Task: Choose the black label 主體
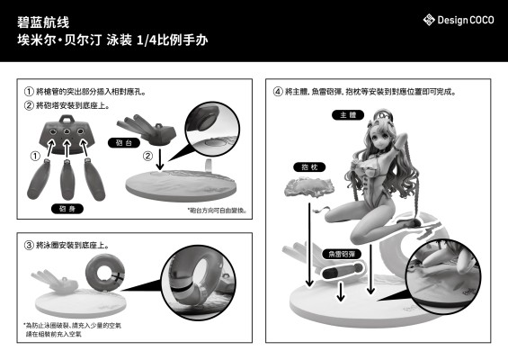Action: coord(347,115)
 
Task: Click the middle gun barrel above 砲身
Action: coord(65,179)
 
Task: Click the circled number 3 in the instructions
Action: coord(29,245)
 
